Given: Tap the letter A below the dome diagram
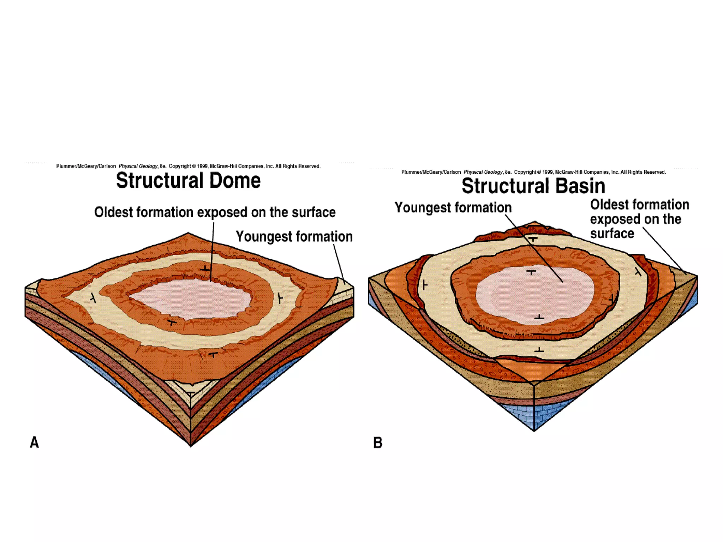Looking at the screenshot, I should [34, 442].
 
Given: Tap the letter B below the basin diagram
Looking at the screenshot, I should [378, 442].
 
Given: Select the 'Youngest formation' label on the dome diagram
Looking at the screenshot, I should [294, 236].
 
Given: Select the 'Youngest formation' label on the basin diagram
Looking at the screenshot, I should [453, 208].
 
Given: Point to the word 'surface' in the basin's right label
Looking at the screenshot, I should [612, 234].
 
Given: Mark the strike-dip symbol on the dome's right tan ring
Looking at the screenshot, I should [280, 299].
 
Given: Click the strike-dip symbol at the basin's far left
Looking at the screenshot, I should [424, 285].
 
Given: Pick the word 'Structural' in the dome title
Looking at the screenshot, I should [160, 181].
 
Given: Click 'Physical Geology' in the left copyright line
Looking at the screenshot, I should [138, 166].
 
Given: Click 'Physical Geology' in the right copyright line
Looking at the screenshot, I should [483, 172].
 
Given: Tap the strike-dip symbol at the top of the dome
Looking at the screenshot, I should [205, 269].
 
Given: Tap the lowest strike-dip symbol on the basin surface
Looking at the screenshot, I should [539, 350].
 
